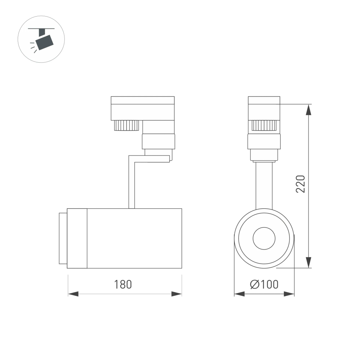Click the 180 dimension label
tap(123, 284)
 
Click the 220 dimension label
tap(301, 184)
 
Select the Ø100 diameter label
tap(264, 284)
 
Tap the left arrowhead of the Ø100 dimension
tap(239, 294)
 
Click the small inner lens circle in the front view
tap(264, 238)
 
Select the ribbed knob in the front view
tap(264, 125)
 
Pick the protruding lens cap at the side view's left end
tap(63, 238)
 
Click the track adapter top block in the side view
tap(143, 108)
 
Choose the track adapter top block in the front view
tap(264, 108)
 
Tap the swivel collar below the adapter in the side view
tap(158, 141)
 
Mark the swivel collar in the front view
tap(264, 141)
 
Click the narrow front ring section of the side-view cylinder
tap(77, 238)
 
